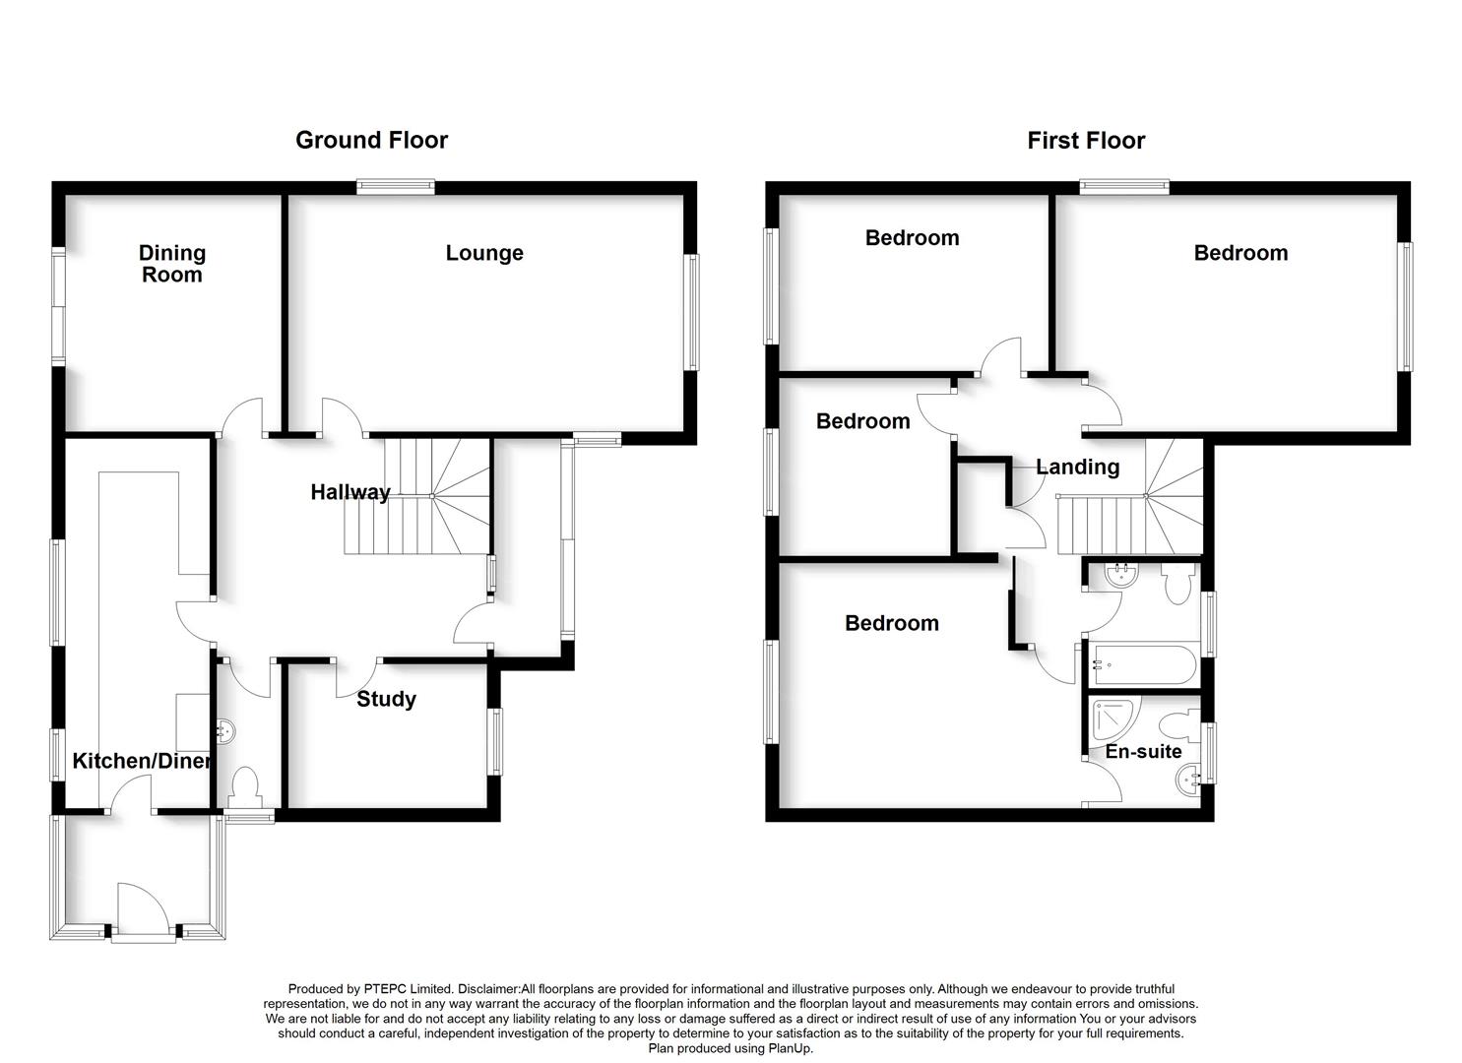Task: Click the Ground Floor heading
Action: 371,140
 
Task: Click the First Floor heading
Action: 1085,141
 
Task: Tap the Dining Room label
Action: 171,264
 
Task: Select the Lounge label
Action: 483,253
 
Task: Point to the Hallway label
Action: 350,492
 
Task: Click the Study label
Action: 386,699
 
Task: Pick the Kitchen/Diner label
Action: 142,761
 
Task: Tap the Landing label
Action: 1077,467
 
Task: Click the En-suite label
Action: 1143,752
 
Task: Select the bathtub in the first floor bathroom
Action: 1142,665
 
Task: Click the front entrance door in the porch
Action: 138,910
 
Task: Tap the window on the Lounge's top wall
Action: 395,187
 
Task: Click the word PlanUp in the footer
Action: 785,1048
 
